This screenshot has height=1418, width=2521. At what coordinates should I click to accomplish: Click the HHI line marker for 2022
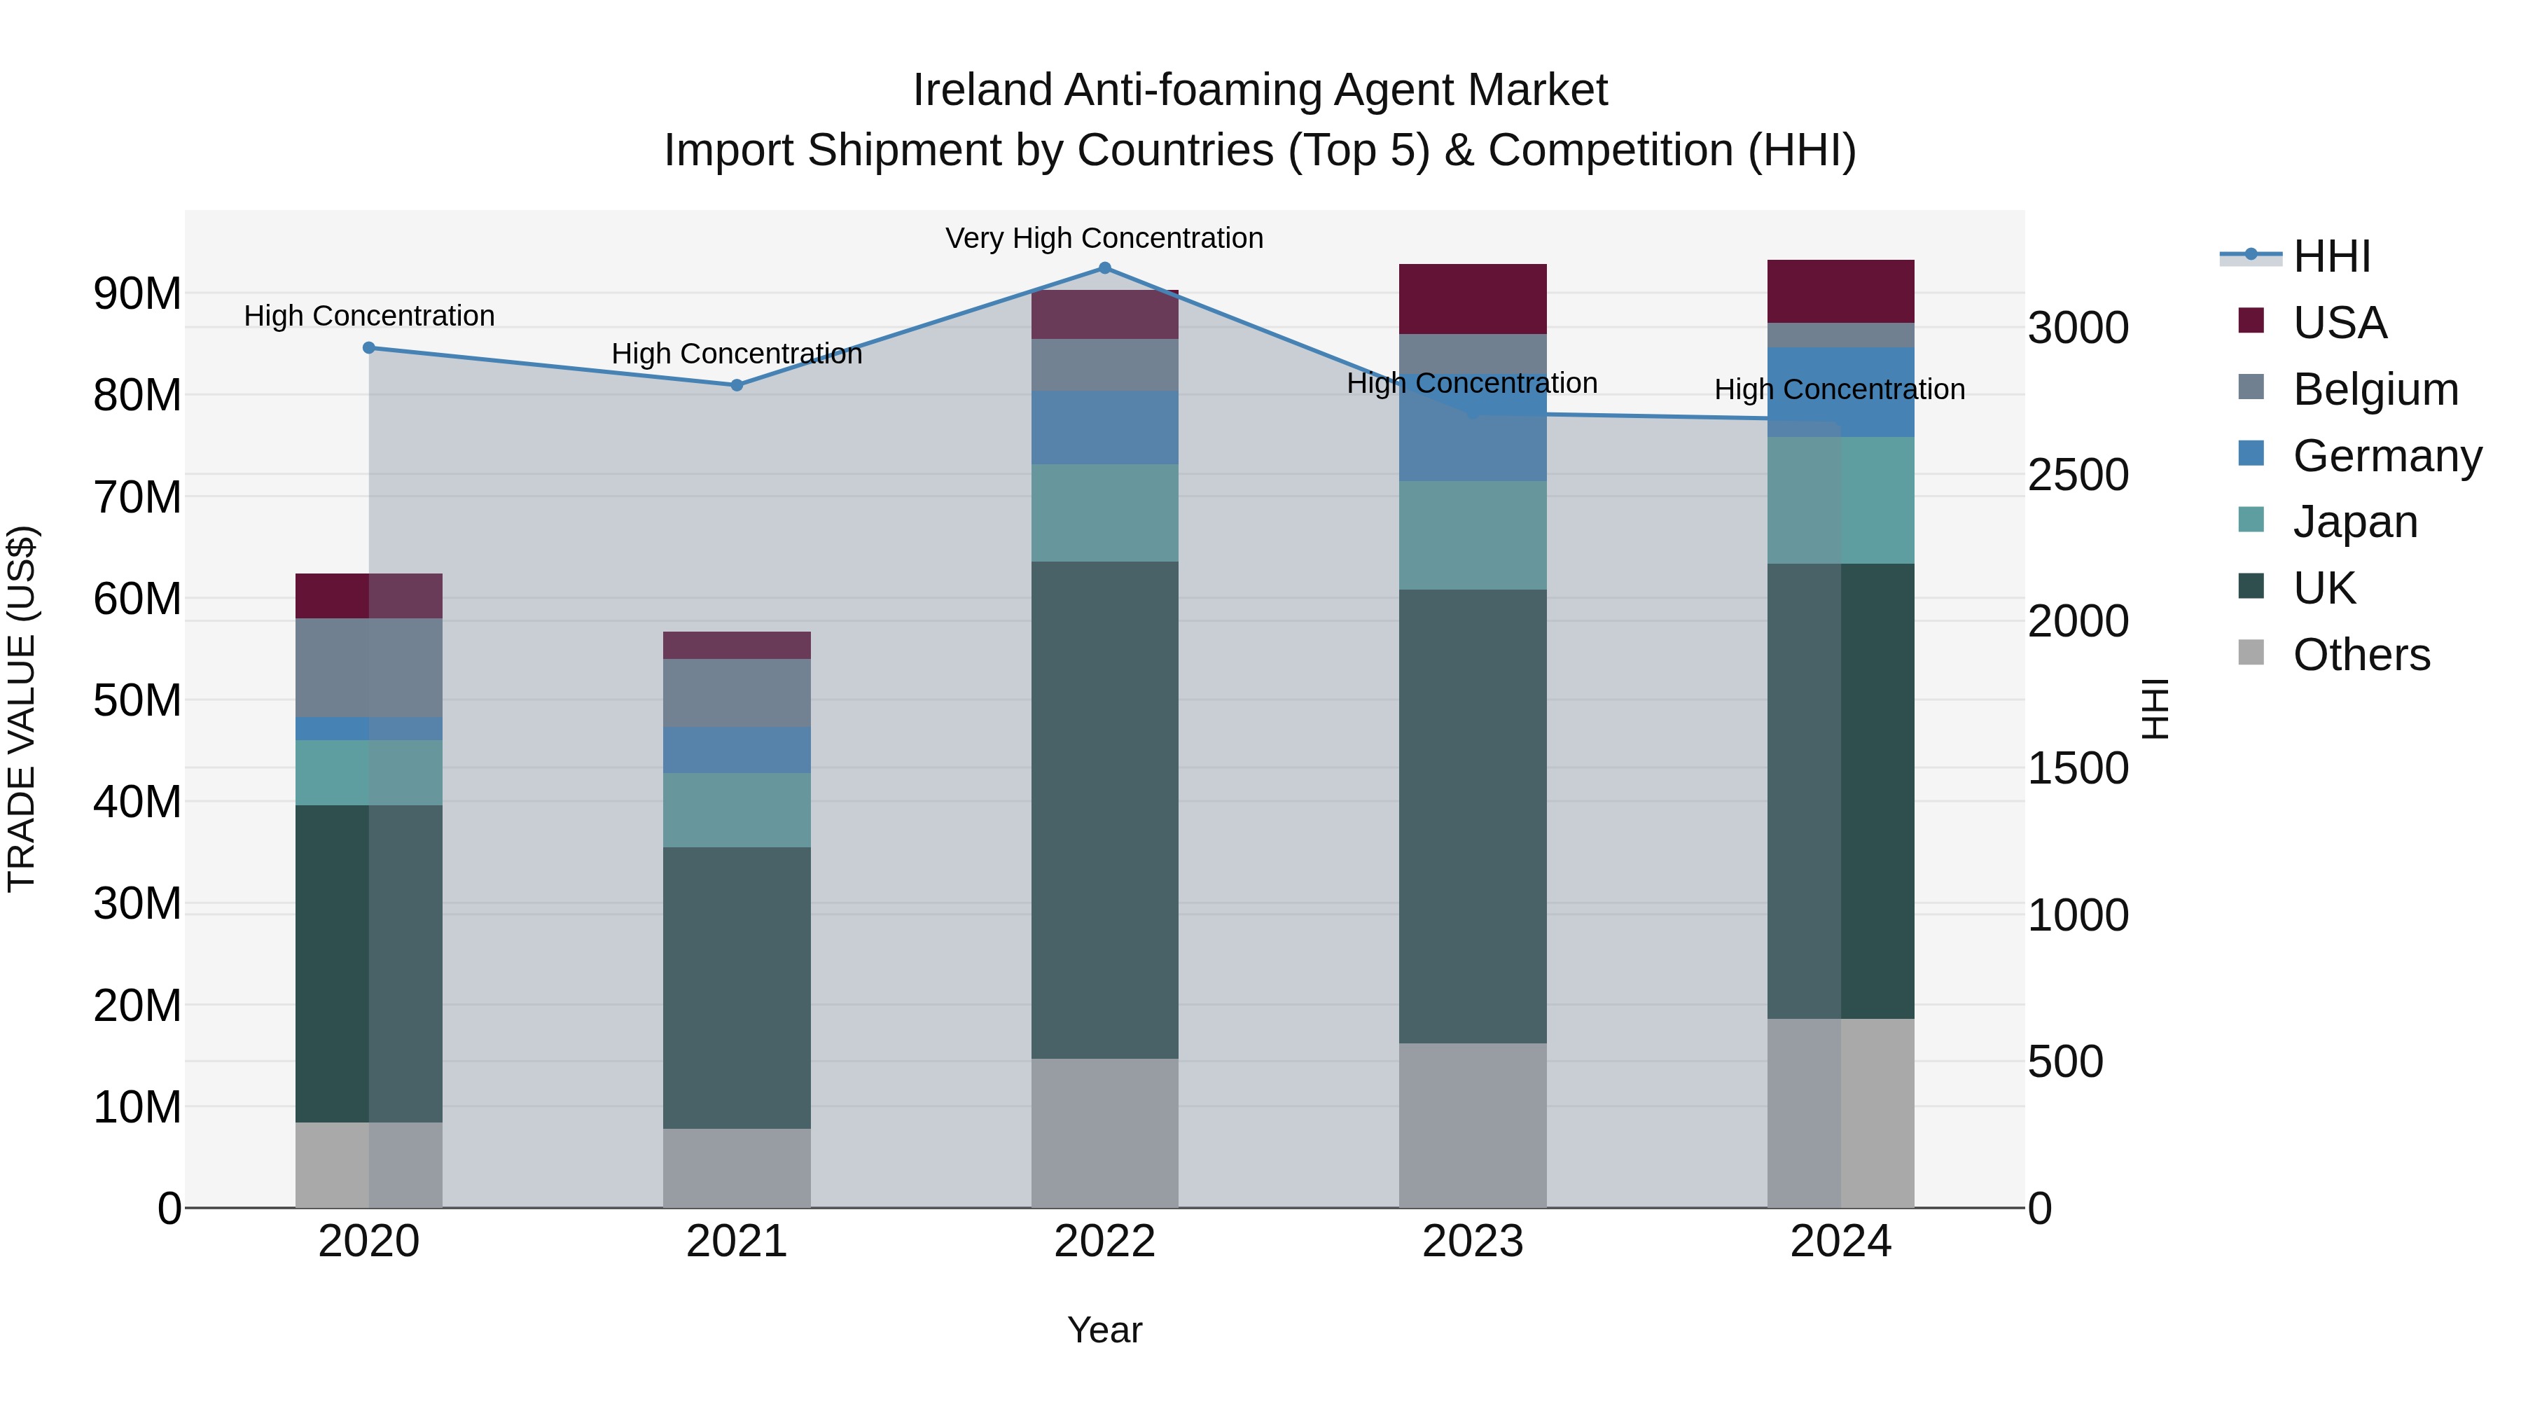[1105, 268]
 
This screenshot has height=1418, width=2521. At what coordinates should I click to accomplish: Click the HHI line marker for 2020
[369, 347]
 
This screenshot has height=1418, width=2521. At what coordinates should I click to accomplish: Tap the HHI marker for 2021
[737, 386]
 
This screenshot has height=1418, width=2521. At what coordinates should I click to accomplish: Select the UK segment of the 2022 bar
[1105, 809]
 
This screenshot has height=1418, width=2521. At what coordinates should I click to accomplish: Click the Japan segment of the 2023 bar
[1472, 535]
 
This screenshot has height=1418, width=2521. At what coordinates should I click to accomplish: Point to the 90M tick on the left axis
[137, 293]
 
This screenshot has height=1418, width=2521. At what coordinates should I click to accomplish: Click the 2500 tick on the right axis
[2078, 475]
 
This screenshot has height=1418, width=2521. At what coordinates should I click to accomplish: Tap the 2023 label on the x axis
[1472, 1242]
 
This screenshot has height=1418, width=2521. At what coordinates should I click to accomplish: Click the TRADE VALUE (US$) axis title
[22, 709]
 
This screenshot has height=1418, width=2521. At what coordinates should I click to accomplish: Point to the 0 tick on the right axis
[2041, 1209]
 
